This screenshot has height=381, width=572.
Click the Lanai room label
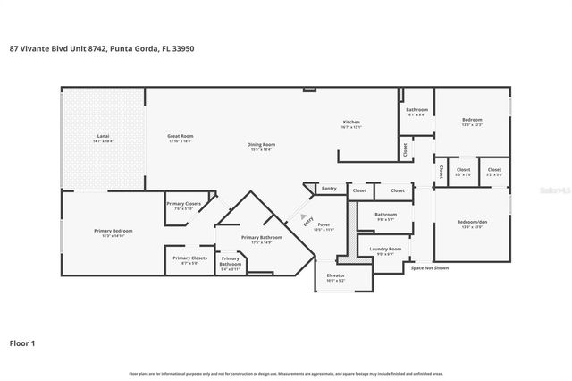(x=104, y=137)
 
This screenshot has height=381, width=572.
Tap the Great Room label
(x=180, y=137)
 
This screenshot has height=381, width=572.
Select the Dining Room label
(x=261, y=144)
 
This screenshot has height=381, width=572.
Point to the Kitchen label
(x=352, y=122)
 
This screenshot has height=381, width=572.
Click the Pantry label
(x=329, y=189)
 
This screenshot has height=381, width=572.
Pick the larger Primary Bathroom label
(x=261, y=237)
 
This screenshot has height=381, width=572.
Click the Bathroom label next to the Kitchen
(x=417, y=110)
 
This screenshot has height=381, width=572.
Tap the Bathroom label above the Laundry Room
(x=385, y=215)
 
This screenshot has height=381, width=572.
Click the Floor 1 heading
(x=22, y=342)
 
